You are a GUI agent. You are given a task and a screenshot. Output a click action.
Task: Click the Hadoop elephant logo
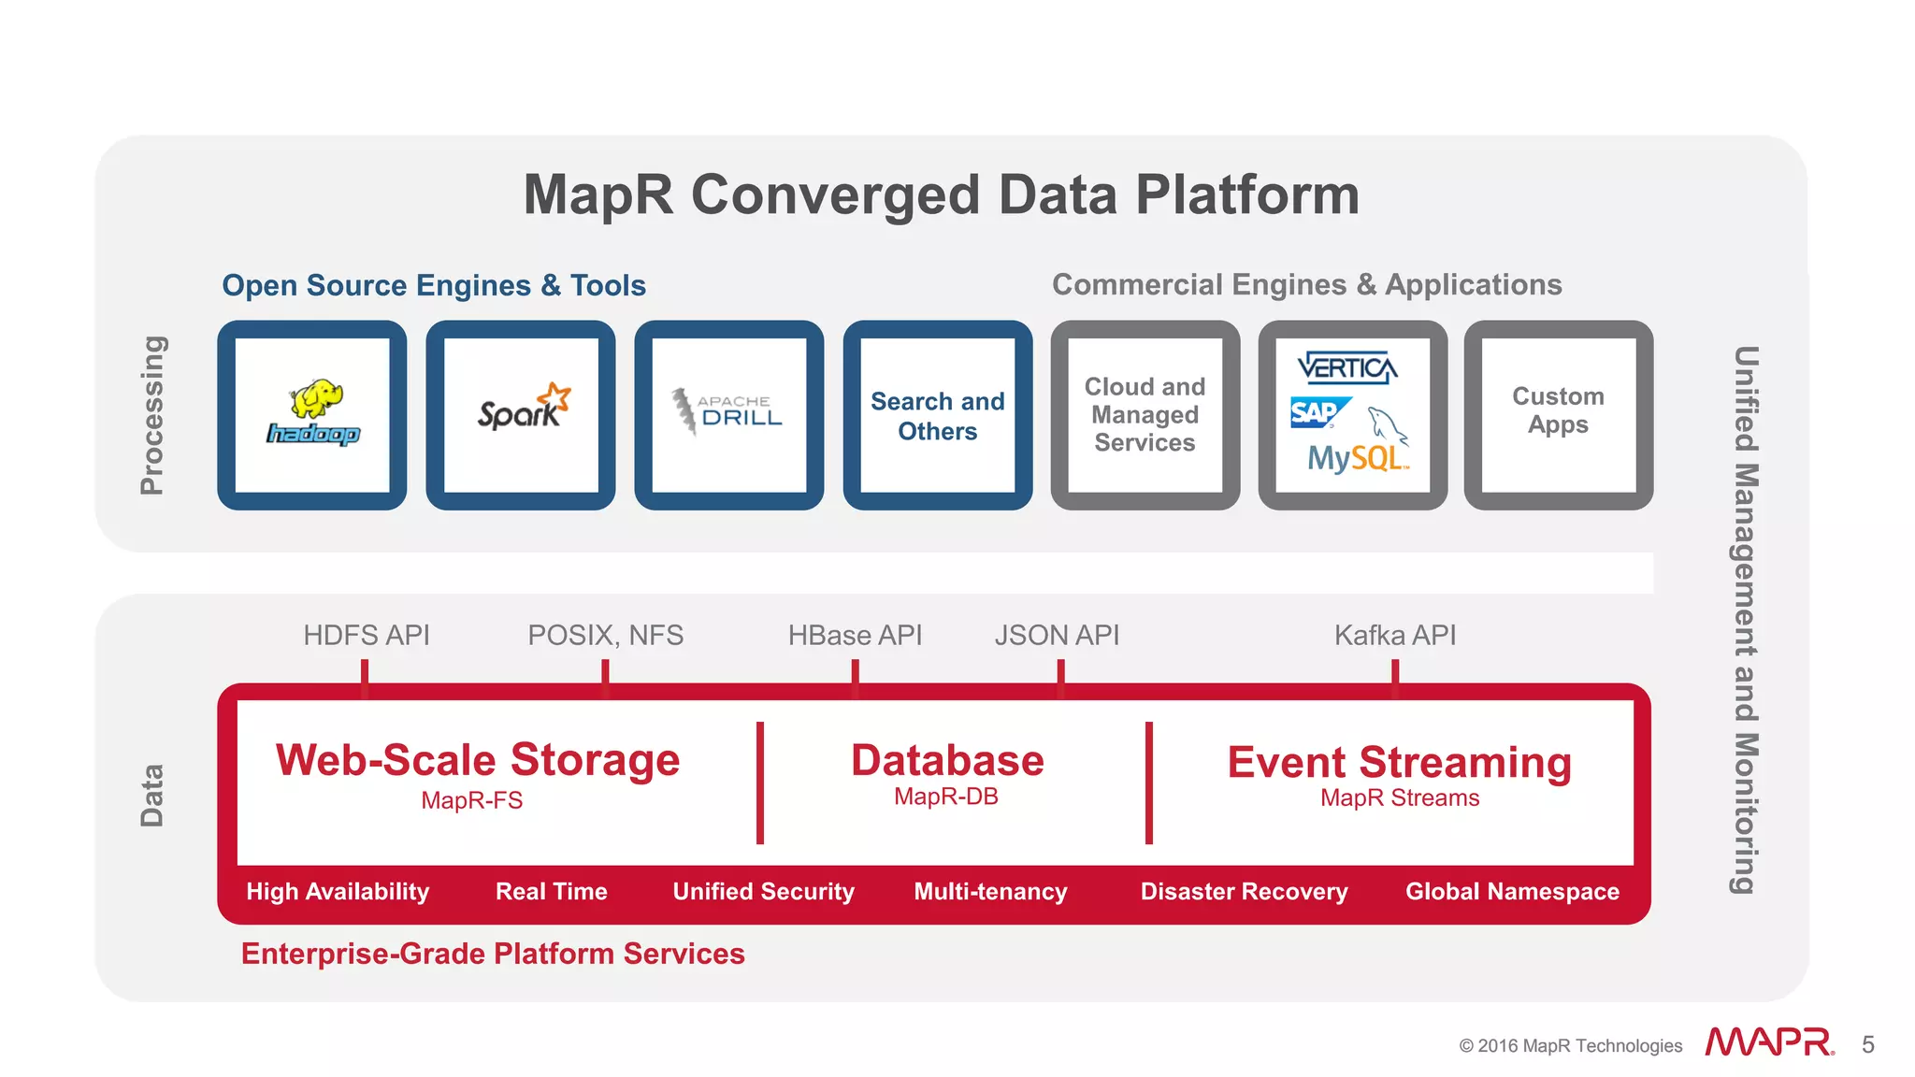point(313,413)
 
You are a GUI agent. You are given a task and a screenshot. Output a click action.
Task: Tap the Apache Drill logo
point(729,411)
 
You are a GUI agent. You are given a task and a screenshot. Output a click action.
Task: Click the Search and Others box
point(937,416)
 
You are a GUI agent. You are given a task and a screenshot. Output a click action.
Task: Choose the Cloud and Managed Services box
point(1145,414)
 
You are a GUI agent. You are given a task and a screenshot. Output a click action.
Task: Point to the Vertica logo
point(1347,368)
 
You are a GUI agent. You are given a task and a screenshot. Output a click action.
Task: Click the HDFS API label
point(366,636)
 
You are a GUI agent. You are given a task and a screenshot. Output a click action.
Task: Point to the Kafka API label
point(1394,636)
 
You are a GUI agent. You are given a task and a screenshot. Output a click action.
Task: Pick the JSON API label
point(1057,636)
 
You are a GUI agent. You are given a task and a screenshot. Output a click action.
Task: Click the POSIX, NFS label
point(605,636)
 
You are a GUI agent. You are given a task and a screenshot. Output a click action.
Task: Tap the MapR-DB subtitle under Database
point(946,797)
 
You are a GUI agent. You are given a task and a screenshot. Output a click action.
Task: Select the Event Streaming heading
point(1399,762)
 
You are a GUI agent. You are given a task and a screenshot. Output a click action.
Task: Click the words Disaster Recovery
point(1244,892)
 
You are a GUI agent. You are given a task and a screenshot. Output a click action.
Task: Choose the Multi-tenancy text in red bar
point(990,892)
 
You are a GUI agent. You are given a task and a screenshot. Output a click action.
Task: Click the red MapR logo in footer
point(1768,1042)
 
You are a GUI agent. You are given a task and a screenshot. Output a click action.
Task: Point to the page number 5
point(1867,1044)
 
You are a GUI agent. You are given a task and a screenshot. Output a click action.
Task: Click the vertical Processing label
point(151,414)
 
